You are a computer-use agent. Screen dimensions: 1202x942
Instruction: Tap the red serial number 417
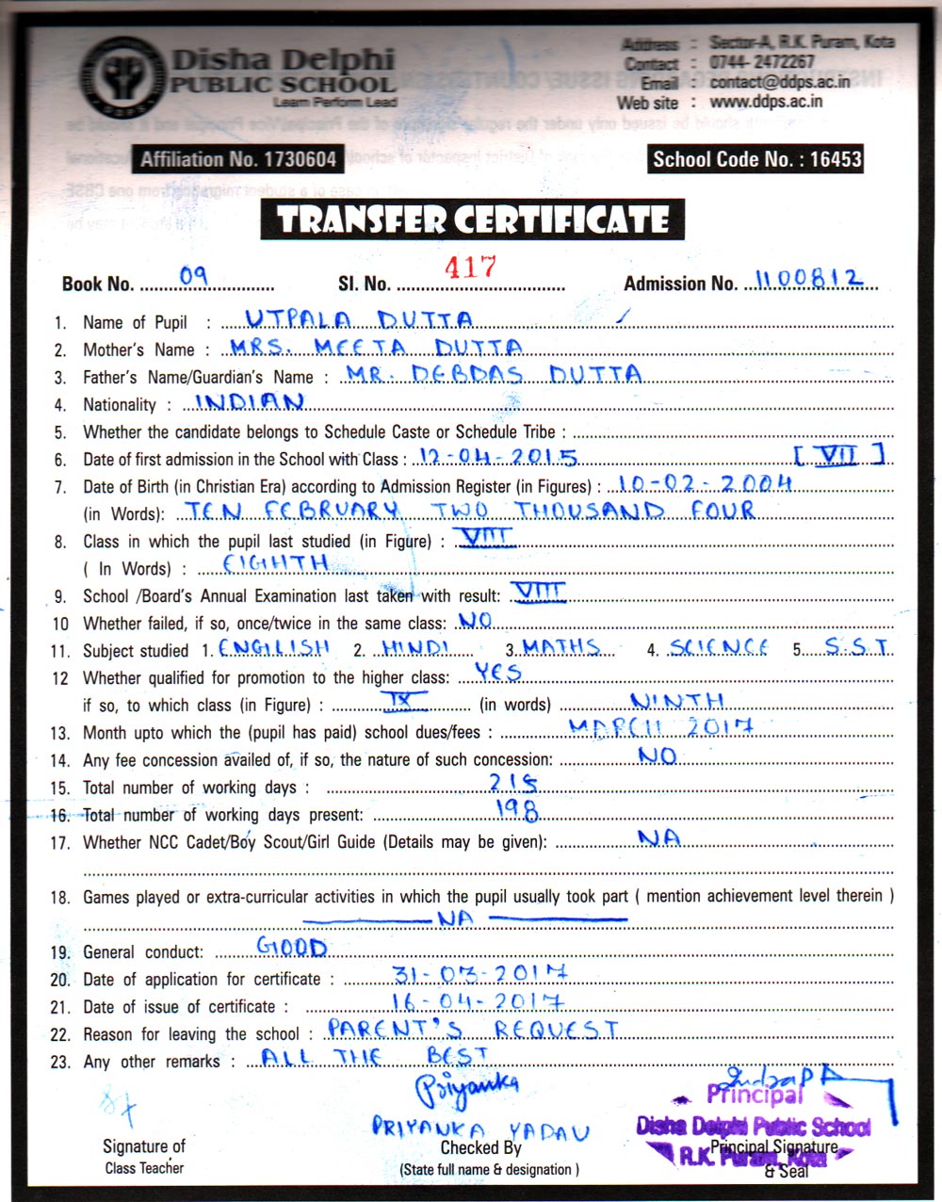tap(470, 268)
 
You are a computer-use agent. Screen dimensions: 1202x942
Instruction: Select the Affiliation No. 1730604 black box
tap(237, 159)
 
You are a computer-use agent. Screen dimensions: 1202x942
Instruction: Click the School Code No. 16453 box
tap(756, 159)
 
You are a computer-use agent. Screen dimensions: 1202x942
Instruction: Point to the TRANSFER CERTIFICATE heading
tap(473, 220)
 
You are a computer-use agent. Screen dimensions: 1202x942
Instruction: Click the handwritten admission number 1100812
tap(809, 279)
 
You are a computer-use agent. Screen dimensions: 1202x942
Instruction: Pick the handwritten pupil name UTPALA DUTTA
tap(359, 319)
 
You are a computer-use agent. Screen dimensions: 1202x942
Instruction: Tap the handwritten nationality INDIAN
tap(250, 402)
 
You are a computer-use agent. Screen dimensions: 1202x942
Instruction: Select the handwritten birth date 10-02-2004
tap(700, 484)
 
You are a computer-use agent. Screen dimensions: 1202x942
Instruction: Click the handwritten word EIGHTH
tap(275, 563)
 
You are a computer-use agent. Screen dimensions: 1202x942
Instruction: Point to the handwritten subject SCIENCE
tap(719, 647)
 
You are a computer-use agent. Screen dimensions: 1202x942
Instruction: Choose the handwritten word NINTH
tap(677, 701)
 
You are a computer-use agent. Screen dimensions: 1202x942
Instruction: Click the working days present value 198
tap(516, 810)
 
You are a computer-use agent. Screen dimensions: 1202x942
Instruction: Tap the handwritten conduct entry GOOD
tap(292, 947)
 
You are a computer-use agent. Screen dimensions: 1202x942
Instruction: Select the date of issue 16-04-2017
tap(479, 1001)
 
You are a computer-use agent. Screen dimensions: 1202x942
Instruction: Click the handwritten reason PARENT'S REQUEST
tap(473, 1029)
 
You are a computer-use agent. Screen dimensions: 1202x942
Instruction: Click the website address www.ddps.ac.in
tap(766, 101)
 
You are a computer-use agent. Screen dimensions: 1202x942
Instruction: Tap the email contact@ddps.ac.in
tap(779, 82)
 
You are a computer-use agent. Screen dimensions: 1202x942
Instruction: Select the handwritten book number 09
tap(193, 275)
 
